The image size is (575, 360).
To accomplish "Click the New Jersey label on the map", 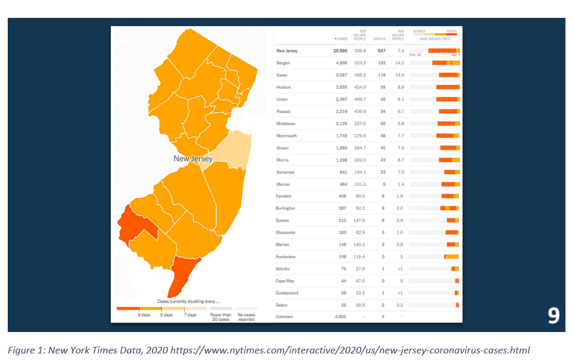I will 193,159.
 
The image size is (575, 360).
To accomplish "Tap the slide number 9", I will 554,315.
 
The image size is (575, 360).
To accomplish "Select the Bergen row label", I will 283,63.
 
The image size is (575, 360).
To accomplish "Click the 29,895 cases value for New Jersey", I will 340,51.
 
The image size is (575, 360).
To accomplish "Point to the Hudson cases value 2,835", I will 341,87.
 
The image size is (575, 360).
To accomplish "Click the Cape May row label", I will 285,281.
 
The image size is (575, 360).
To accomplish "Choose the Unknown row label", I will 284,317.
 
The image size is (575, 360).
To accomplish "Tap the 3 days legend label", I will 144,315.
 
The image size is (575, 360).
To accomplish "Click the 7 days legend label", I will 189,315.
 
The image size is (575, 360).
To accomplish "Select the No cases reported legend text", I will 245,317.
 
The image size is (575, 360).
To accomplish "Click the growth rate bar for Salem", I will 457,305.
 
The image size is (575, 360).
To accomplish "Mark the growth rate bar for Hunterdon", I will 451,256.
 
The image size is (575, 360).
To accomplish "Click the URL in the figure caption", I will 350,349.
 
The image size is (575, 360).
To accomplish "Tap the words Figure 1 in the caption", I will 26,349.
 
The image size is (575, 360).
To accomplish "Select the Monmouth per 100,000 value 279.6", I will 360,136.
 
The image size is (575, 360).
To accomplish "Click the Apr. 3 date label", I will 455,55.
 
